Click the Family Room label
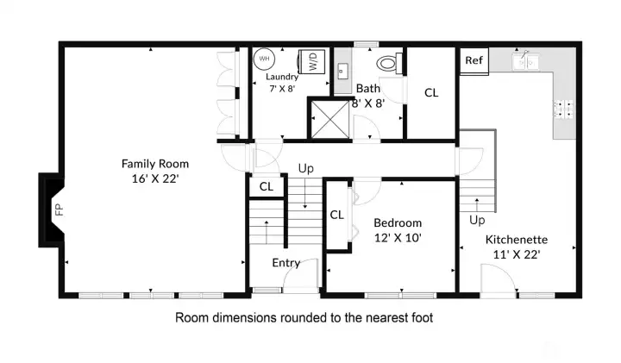(x=155, y=163)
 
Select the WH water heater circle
(x=264, y=59)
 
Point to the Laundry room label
(x=282, y=76)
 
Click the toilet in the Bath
(x=388, y=63)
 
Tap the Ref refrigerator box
(x=474, y=60)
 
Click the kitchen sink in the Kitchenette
(x=524, y=60)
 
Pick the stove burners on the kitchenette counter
(x=564, y=108)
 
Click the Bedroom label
(x=398, y=222)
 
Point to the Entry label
(x=285, y=263)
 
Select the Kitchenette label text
(x=517, y=239)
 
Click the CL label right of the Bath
(x=431, y=92)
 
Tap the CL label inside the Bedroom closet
(x=336, y=215)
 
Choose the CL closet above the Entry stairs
(x=267, y=185)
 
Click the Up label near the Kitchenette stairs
(x=477, y=220)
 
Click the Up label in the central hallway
(x=305, y=168)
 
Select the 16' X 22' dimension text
(x=155, y=178)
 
